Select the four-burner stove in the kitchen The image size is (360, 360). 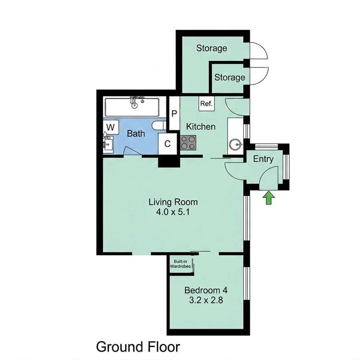[x=188, y=143]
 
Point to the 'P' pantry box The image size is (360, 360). [x=174, y=114]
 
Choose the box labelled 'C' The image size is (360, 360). [x=168, y=144]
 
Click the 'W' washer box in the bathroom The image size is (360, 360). [x=110, y=127]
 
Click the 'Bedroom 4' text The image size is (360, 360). [x=206, y=290]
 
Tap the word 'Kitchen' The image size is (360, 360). [x=201, y=127]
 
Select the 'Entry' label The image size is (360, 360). [x=263, y=159]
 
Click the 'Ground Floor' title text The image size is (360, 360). [x=138, y=346]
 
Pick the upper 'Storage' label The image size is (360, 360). [x=211, y=48]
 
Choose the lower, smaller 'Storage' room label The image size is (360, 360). [x=229, y=77]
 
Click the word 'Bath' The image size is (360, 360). [x=136, y=134]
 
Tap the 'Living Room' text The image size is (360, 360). [x=172, y=202]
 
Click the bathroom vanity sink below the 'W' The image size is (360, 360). [x=108, y=144]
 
